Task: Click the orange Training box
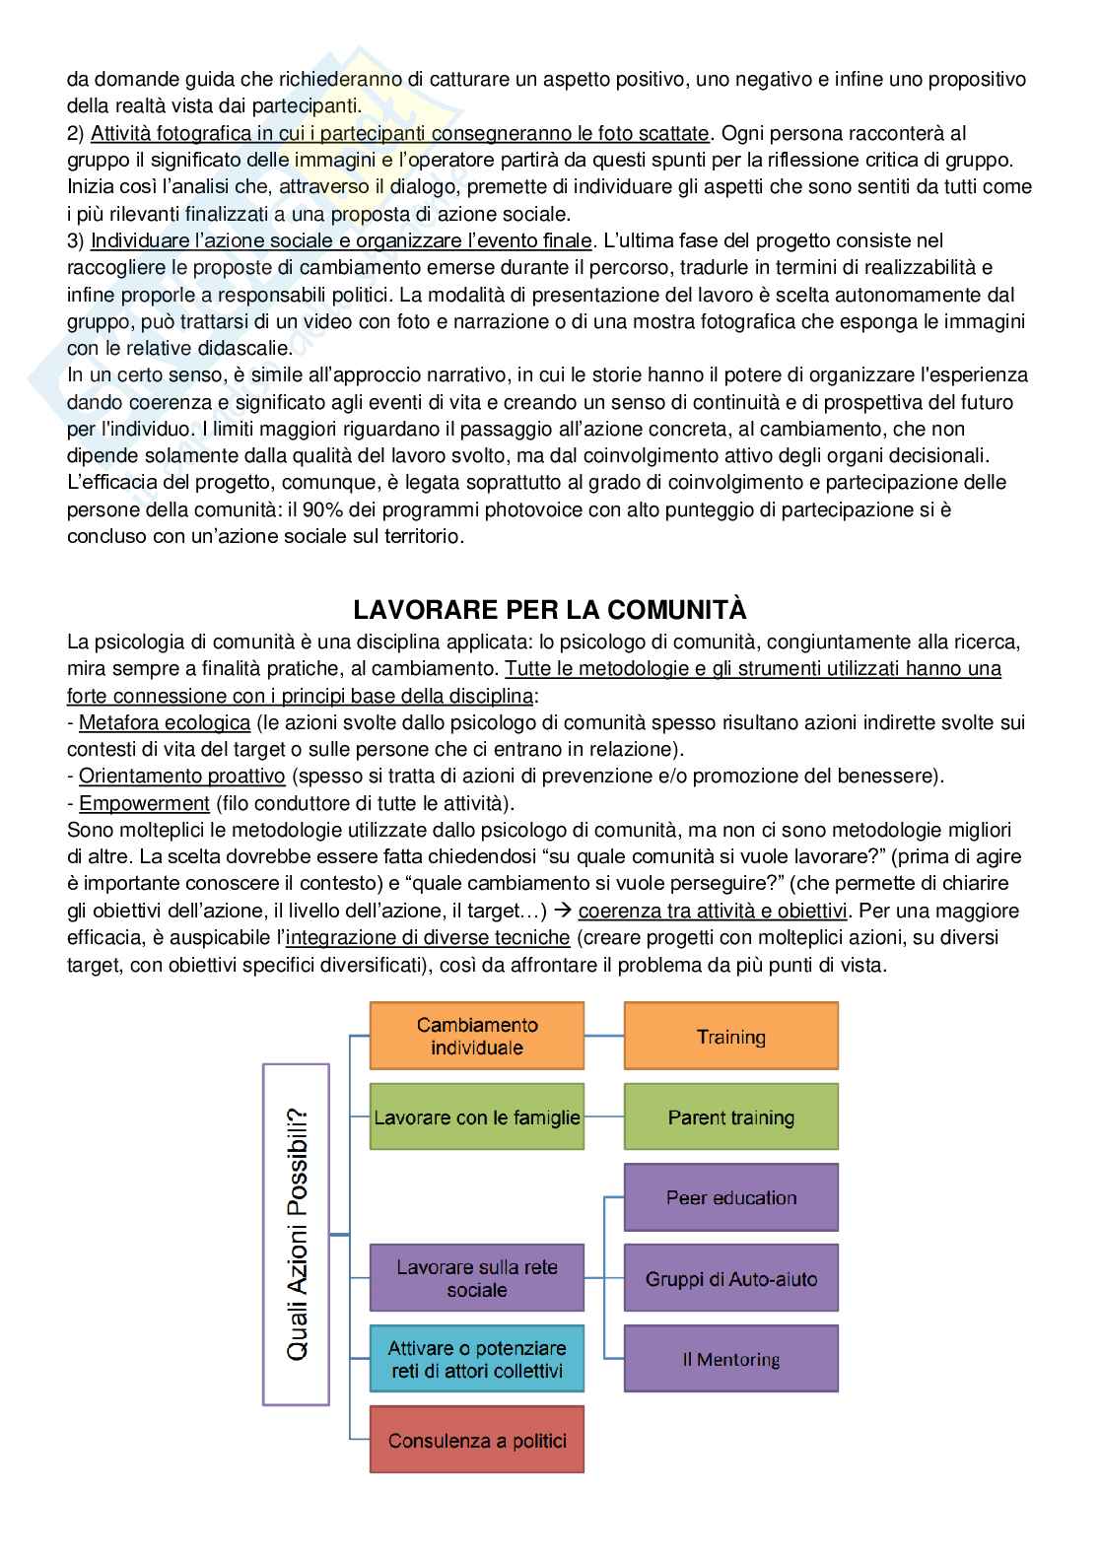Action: click(730, 1036)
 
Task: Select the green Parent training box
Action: click(730, 1116)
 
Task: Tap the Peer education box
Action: click(730, 1197)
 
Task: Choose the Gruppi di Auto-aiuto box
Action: click(730, 1278)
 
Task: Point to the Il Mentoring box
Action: click(730, 1359)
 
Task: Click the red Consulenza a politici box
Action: click(477, 1440)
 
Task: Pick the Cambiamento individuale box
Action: click(477, 1036)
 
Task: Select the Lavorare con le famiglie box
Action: click(477, 1116)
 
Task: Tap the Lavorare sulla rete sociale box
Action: click(477, 1278)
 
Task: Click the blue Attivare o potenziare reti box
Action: click(477, 1359)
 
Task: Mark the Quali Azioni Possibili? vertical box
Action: click(297, 1234)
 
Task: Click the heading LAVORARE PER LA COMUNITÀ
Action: click(550, 607)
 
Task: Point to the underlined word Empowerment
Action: click(144, 803)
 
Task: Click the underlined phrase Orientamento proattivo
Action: click(181, 776)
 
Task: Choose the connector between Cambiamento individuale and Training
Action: click(604, 1036)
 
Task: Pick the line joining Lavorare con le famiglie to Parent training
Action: click(604, 1116)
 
